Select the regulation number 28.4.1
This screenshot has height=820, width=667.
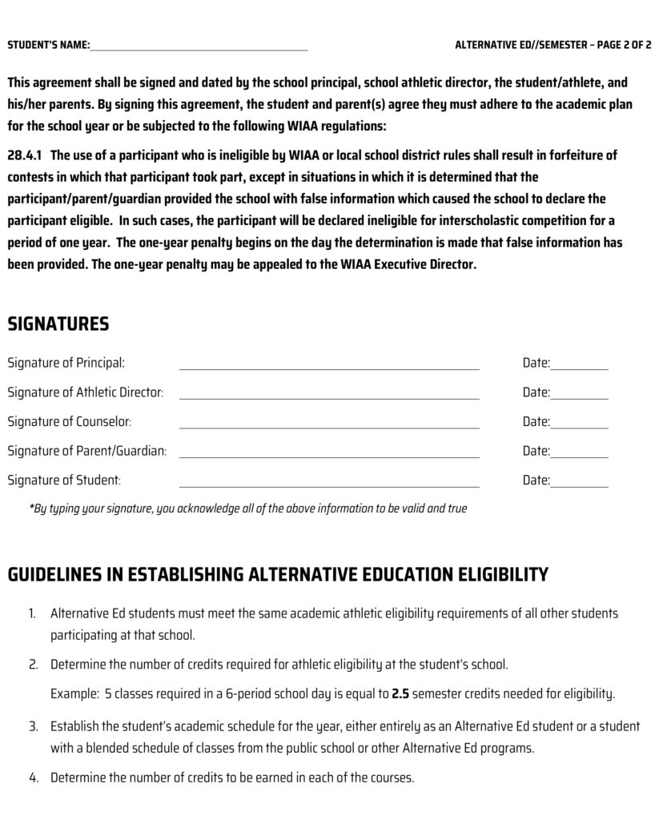pyautogui.click(x=25, y=155)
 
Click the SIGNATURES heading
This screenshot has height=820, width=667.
pyautogui.click(x=58, y=324)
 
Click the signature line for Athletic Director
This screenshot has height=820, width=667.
pyautogui.click(x=329, y=395)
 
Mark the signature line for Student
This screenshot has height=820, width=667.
pyautogui.click(x=329, y=483)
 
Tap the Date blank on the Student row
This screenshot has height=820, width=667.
pyautogui.click(x=579, y=483)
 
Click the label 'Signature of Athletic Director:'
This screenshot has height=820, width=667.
pyautogui.click(x=86, y=392)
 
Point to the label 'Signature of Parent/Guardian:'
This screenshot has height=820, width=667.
pyautogui.click(x=87, y=451)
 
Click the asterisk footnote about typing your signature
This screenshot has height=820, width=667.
pyautogui.click(x=248, y=508)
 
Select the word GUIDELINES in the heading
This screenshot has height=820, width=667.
pyautogui.click(x=63, y=574)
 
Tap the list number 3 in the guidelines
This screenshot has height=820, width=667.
pyautogui.click(x=34, y=726)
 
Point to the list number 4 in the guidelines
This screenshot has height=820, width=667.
pyautogui.click(x=34, y=778)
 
